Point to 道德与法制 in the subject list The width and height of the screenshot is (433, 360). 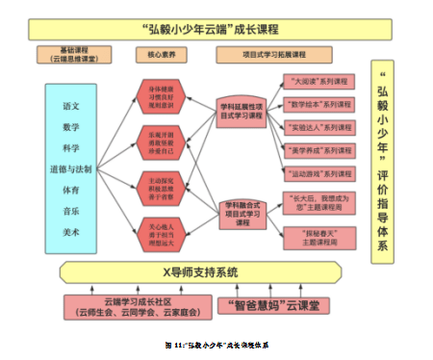click(x=71, y=168)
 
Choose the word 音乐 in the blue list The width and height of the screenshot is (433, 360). click(x=71, y=211)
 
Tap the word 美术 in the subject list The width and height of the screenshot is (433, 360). click(x=71, y=232)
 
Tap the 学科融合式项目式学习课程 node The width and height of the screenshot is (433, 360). click(x=242, y=212)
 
